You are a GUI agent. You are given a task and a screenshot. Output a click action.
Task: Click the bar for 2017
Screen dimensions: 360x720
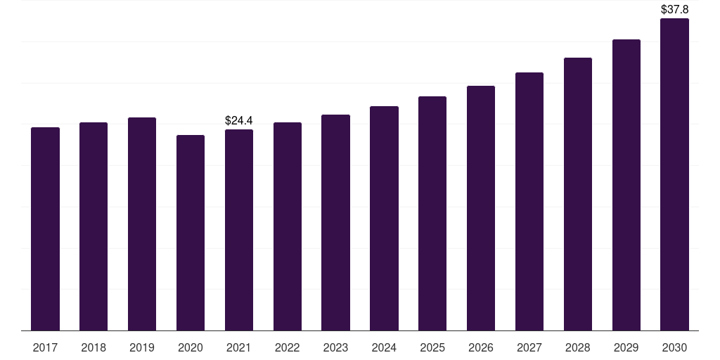pyautogui.click(x=45, y=229)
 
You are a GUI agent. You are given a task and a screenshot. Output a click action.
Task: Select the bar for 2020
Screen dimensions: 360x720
pyautogui.click(x=191, y=233)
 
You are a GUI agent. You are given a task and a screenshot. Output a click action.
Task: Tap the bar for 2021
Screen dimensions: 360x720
pyautogui.click(x=239, y=230)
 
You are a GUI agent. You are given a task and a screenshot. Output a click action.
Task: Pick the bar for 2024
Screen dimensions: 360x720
pyautogui.click(x=384, y=218)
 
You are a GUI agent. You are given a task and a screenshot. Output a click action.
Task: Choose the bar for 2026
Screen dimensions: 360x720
pyautogui.click(x=481, y=208)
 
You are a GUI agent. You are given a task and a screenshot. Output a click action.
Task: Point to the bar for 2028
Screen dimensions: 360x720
pyautogui.click(x=578, y=194)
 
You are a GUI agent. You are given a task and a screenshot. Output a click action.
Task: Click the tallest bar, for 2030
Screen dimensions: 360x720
pyautogui.click(x=674, y=174)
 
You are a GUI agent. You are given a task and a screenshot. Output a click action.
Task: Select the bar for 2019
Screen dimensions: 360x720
pyautogui.click(x=142, y=224)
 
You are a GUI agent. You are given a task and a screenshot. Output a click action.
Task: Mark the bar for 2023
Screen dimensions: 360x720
pyautogui.click(x=335, y=222)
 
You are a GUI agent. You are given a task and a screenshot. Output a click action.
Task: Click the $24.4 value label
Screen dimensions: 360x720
pyautogui.click(x=239, y=121)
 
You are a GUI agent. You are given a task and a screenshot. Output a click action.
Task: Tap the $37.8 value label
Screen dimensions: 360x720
pyautogui.click(x=674, y=10)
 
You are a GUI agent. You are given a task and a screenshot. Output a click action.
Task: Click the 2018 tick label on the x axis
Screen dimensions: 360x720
pyautogui.click(x=94, y=347)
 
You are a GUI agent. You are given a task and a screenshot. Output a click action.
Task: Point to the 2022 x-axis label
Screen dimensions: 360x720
pyautogui.click(x=287, y=347)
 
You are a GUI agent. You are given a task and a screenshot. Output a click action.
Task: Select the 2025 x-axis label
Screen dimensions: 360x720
pyautogui.click(x=432, y=347)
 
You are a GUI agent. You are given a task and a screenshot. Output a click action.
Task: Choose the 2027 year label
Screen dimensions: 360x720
pyautogui.click(x=529, y=347)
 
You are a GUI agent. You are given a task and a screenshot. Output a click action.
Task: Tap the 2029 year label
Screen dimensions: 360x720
pyautogui.click(x=626, y=347)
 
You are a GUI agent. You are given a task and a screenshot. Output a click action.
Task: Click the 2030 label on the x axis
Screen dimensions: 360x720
pyautogui.click(x=674, y=347)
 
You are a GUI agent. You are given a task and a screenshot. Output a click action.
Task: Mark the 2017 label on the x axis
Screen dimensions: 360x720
pyautogui.click(x=45, y=347)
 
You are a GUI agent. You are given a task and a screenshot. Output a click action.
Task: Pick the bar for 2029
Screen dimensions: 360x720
pyautogui.click(x=626, y=185)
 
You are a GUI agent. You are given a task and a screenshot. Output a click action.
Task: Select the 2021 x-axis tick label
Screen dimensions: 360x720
pyautogui.click(x=239, y=347)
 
